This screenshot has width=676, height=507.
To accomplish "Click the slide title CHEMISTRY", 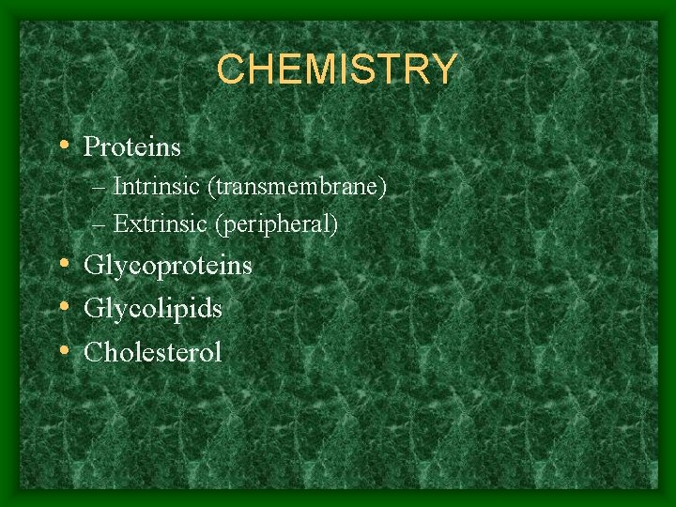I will tap(337, 69).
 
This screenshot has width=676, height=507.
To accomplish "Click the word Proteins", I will tap(132, 147).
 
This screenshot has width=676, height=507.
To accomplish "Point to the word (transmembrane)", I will tap(298, 187).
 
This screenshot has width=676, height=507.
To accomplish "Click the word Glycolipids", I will tap(153, 309).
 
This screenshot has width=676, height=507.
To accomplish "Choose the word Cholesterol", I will tap(153, 352).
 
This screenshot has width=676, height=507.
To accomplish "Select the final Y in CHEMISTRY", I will tap(443, 69).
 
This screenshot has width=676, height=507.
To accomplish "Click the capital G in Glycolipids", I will tap(93, 308).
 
